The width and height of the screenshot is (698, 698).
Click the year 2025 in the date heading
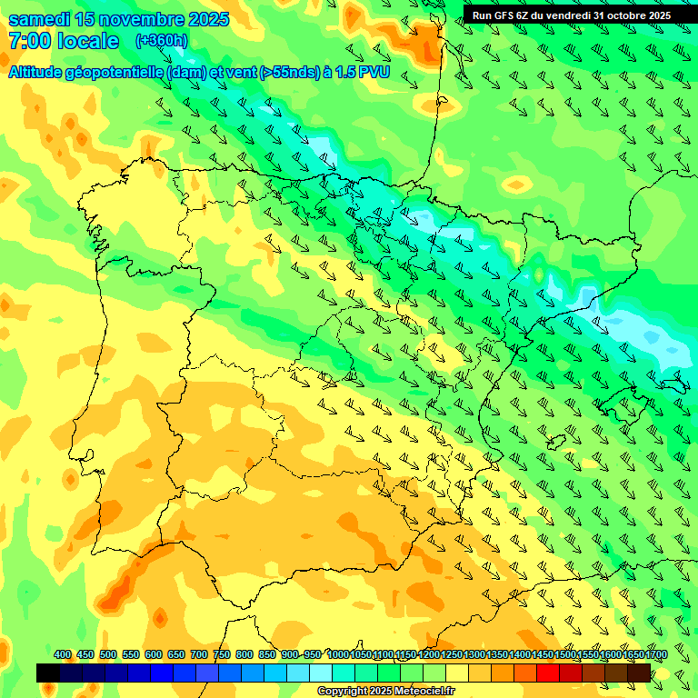[x=205, y=19]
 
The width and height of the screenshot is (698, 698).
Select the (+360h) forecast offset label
[x=161, y=41]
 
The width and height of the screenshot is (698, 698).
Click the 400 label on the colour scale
[x=63, y=654]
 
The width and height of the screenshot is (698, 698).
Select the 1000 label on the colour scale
[x=337, y=654]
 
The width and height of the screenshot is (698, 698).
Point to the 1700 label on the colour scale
[x=633, y=654]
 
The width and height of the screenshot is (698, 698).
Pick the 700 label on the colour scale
[x=199, y=654]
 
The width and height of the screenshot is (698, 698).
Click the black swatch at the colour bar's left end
[x=48, y=673]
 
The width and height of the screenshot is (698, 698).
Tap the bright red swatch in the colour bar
[x=548, y=673]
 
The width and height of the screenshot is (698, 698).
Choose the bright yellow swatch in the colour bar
[x=457, y=673]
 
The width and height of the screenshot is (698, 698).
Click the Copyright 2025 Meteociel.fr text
[x=385, y=691]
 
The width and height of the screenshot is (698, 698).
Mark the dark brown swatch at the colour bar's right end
[x=639, y=673]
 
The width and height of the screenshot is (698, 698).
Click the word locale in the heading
[x=87, y=41]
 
